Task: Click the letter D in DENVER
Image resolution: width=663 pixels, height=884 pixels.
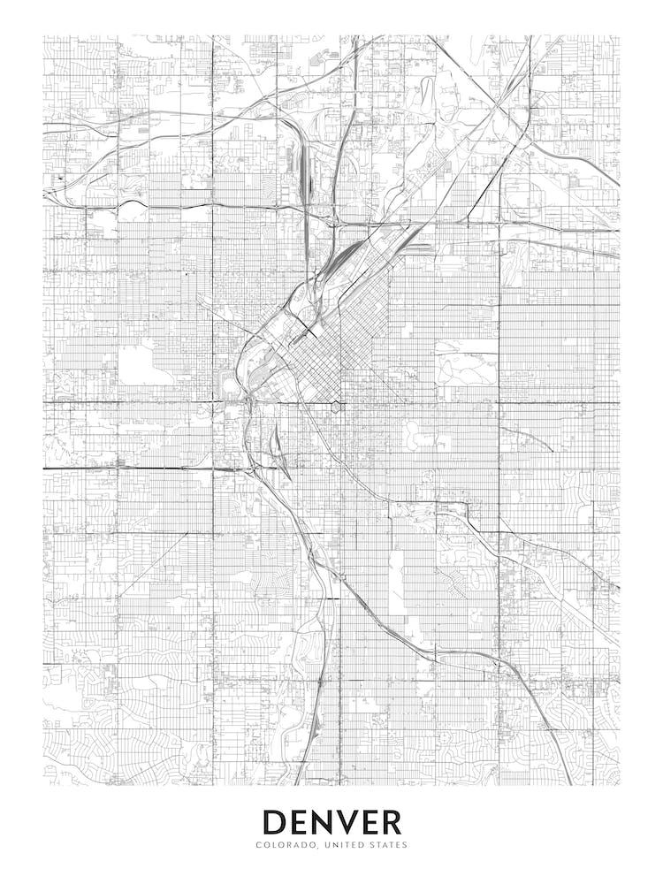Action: [275, 821]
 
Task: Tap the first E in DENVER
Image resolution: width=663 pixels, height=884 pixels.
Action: [300, 821]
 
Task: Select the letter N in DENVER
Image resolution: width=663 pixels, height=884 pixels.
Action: [323, 821]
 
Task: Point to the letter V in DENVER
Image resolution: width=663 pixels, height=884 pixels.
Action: [347, 821]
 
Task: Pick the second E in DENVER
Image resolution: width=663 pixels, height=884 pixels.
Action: [370, 821]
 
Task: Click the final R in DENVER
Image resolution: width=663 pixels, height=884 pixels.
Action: [391, 821]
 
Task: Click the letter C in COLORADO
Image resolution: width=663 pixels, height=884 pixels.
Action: [258, 845]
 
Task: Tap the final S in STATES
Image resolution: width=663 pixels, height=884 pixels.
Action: [405, 845]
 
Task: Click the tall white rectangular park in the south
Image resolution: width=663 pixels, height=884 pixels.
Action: [396, 583]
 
